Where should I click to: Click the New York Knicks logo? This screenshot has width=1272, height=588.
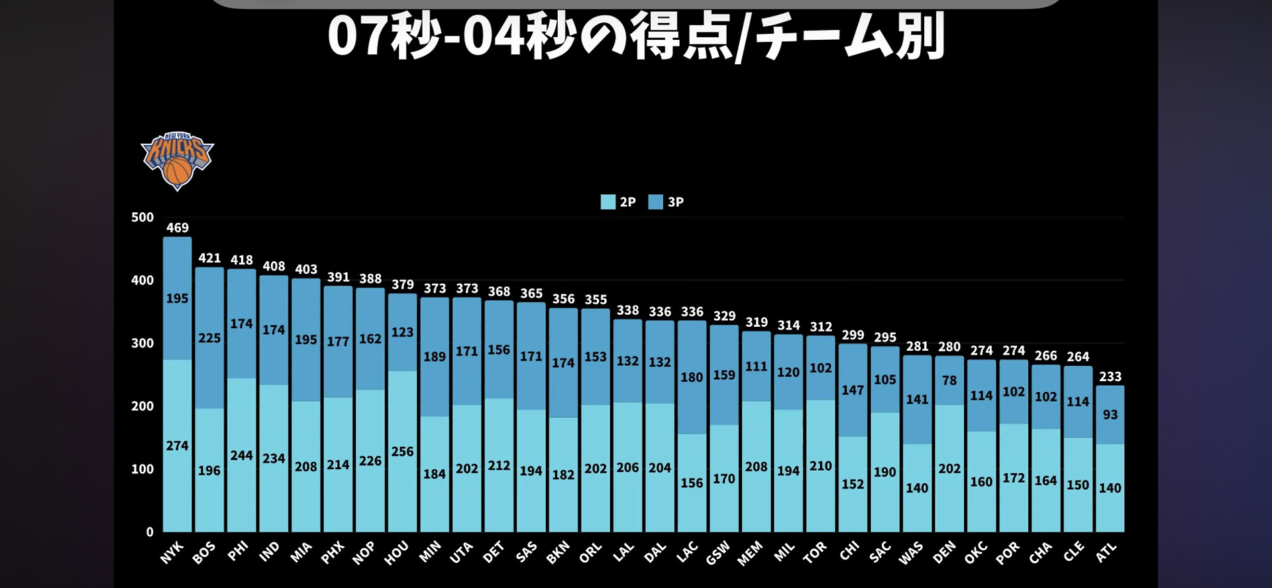tap(177, 160)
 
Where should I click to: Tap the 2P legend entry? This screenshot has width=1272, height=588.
tap(618, 202)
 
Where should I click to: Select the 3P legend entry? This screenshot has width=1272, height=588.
tap(666, 202)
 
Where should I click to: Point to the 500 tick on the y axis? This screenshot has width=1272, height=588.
tap(142, 217)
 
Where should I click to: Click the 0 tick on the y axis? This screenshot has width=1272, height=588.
tap(150, 532)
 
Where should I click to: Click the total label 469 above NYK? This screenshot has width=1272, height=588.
tap(178, 228)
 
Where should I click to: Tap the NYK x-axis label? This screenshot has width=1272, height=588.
tap(172, 553)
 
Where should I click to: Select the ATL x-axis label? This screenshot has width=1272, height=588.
tap(1106, 553)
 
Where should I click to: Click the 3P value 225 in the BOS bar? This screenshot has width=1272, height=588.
tap(209, 338)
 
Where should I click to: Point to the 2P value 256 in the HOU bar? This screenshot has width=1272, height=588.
tap(402, 451)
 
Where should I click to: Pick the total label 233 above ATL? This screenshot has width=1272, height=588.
tap(1110, 377)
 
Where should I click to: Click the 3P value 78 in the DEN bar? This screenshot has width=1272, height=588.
tap(949, 381)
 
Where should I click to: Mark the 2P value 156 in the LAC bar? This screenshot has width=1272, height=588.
tap(692, 483)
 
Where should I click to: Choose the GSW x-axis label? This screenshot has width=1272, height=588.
tap(718, 553)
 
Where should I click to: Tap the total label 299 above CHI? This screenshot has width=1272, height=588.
tap(853, 335)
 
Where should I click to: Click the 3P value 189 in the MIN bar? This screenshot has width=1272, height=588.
tap(435, 357)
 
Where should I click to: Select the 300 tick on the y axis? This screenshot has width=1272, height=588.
tap(142, 343)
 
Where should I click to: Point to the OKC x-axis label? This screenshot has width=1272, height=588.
tap(976, 553)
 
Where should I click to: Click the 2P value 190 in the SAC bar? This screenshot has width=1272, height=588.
tap(885, 472)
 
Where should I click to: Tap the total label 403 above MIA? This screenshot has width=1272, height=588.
tap(306, 269)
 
